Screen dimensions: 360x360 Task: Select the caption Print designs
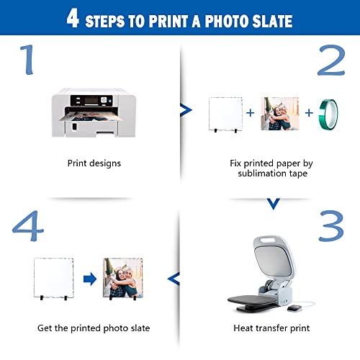click(x=94, y=163)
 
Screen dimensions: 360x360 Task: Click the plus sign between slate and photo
click(x=251, y=113)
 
